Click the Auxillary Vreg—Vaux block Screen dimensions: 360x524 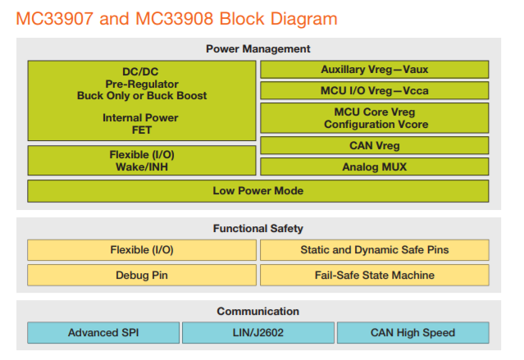click(x=374, y=70)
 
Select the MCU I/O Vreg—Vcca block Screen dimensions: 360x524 click(x=374, y=90)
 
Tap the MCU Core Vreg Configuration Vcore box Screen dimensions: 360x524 click(x=374, y=118)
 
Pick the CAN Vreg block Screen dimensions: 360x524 click(x=374, y=146)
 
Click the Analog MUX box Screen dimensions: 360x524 click(x=374, y=166)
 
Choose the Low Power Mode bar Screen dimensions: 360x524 click(x=258, y=191)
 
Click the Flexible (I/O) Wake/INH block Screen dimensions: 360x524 click(x=142, y=161)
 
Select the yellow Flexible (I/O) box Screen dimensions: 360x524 click(x=142, y=250)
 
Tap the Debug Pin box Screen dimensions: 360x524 click(x=142, y=275)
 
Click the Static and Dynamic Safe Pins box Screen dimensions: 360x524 click(x=374, y=250)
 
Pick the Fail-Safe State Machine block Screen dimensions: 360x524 click(x=374, y=275)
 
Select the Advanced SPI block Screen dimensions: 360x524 click(x=103, y=333)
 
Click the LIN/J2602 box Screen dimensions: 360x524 click(x=258, y=333)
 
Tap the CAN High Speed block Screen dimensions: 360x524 click(x=412, y=333)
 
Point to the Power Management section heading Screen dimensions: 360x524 click(x=257, y=49)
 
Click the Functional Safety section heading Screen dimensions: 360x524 click(x=258, y=229)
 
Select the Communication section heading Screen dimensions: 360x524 click(x=258, y=312)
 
